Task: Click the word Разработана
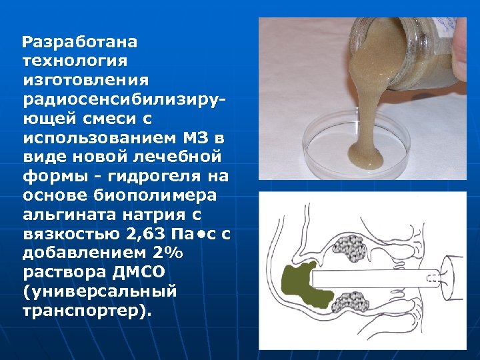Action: (x=80, y=43)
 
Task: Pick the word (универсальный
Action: (x=99, y=292)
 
